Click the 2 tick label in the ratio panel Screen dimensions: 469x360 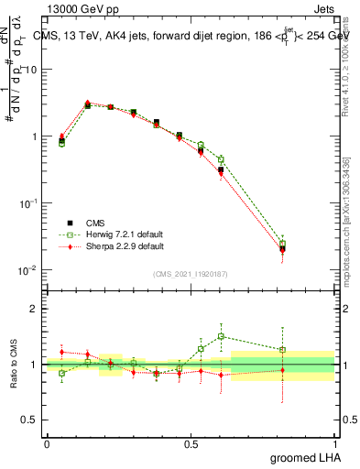tap(35, 309)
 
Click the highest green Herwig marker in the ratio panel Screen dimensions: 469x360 tap(221, 336)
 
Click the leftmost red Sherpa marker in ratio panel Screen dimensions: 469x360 tap(61, 352)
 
